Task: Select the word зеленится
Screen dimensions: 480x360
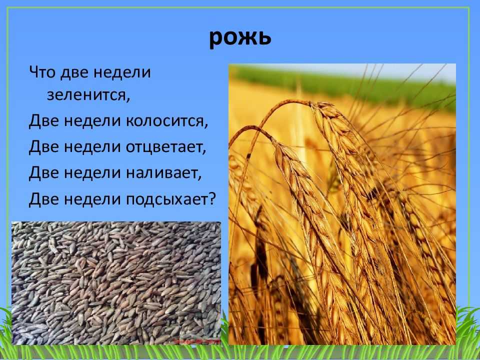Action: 86,94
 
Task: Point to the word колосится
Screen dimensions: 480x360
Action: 164,120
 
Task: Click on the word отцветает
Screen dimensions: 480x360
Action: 164,147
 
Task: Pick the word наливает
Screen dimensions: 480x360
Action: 162,173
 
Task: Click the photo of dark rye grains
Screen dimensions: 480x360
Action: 116,283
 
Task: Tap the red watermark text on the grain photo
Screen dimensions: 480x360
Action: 196,340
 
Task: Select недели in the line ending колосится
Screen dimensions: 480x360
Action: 92,120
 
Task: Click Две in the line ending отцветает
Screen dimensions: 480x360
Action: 44,147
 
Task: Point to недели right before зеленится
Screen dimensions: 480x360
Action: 122,72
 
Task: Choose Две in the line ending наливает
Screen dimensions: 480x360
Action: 44,173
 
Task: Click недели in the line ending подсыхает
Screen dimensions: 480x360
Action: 92,199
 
